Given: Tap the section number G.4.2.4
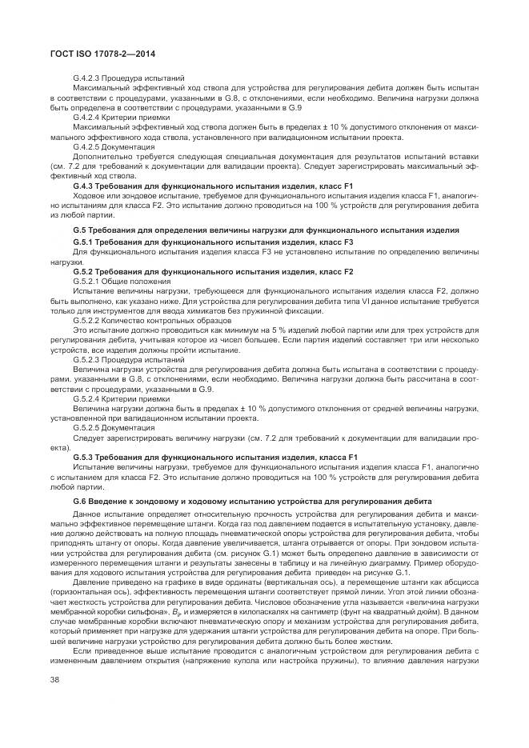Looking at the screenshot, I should click(x=86, y=117).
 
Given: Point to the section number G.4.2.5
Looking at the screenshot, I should click(x=86, y=147).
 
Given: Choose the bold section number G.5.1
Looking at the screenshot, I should click(x=83, y=241).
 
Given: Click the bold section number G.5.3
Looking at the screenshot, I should click(x=83, y=456).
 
